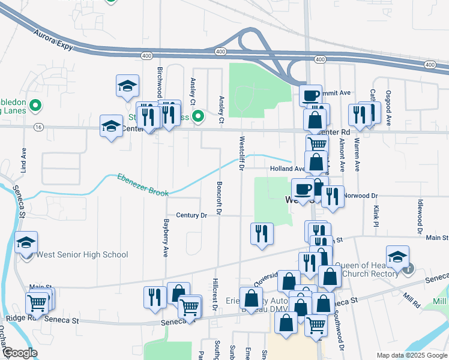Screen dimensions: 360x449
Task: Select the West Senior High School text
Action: (x=82, y=254)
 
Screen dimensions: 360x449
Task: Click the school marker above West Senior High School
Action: (x=26, y=242)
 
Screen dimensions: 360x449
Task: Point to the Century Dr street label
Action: (x=191, y=215)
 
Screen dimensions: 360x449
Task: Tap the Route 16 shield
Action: (x=39, y=127)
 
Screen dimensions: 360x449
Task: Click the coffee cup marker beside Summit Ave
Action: (x=311, y=95)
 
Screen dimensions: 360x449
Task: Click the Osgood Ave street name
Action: (x=389, y=107)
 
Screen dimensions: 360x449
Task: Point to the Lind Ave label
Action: (x=25, y=161)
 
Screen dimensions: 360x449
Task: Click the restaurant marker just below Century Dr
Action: (x=262, y=233)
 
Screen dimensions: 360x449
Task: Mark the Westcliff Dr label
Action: (x=241, y=154)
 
